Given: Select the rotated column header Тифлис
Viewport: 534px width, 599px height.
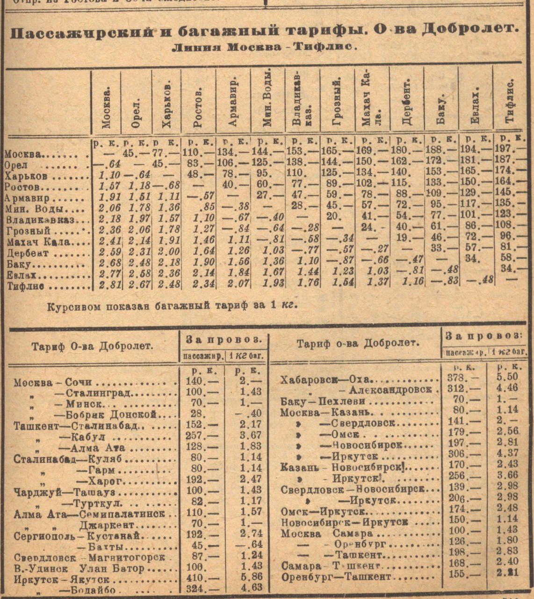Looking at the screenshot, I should pyautogui.click(x=510, y=100).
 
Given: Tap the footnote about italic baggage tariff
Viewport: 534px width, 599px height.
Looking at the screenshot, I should pyautogui.click(x=173, y=306).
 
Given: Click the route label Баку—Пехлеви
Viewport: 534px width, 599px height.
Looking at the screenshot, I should pyautogui.click(x=323, y=401).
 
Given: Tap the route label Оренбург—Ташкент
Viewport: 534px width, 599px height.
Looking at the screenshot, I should pyautogui.click(x=336, y=577).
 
